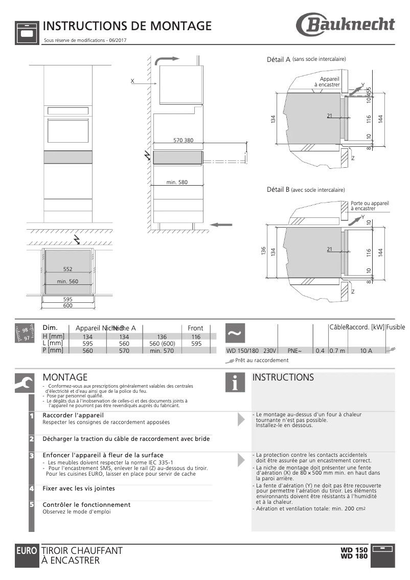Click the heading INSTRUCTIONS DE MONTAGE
127,26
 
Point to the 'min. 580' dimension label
177,182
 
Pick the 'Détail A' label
279,60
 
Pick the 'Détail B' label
279,190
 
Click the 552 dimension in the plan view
67,269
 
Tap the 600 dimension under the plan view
67,306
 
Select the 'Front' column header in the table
195,328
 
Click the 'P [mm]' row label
53,350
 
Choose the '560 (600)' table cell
162,344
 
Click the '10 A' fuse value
366,351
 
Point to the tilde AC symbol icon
234,333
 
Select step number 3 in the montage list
32,455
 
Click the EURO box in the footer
27,551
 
